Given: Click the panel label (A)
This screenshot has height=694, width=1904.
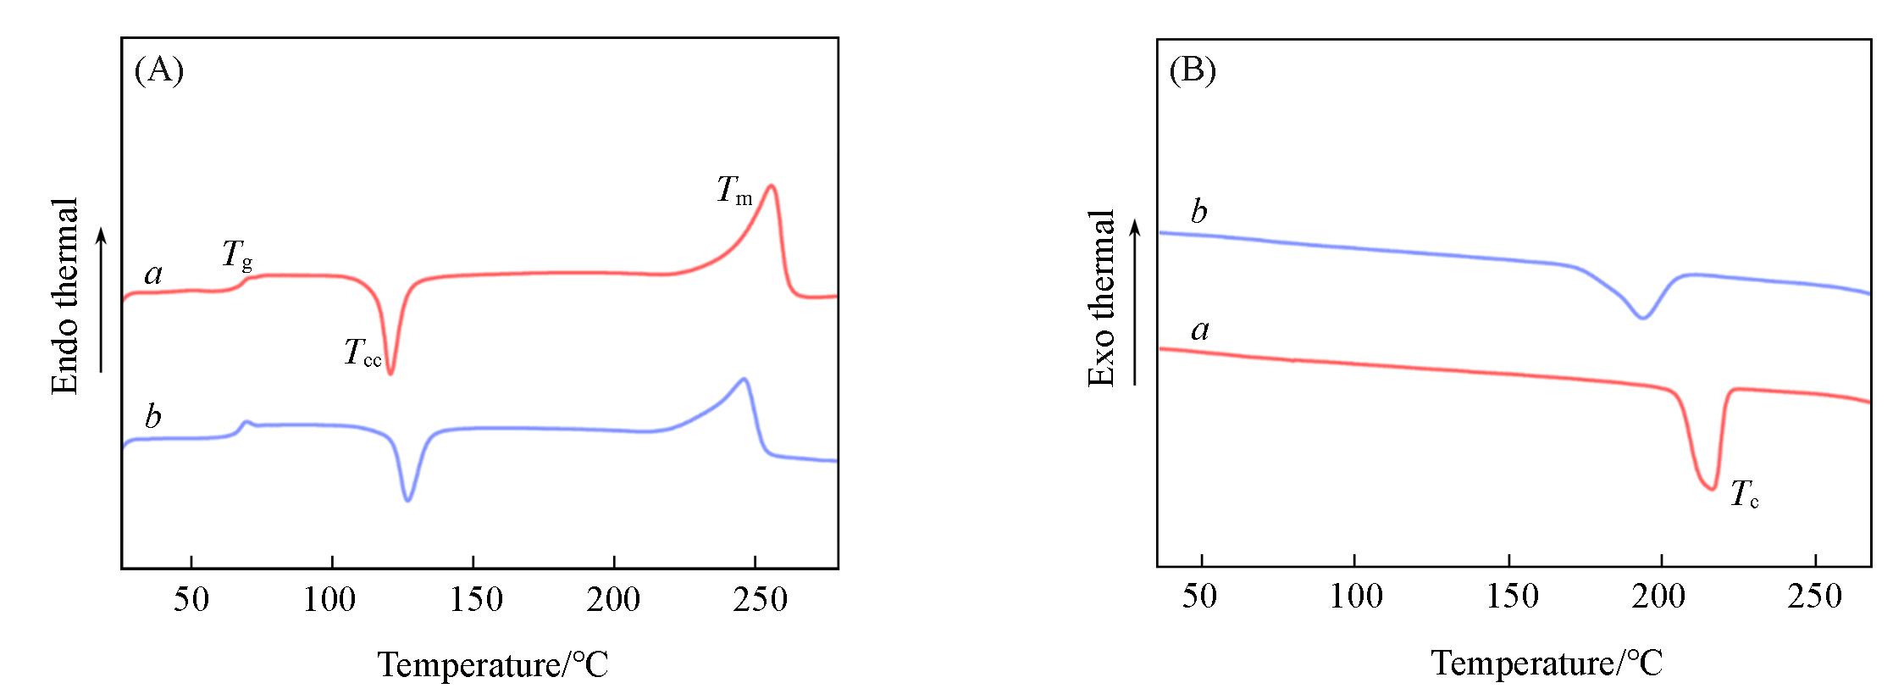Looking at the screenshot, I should point(159,71).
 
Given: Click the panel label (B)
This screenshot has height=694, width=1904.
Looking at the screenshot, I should point(1193,70).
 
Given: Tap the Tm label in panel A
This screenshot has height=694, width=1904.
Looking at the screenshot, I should point(733,190).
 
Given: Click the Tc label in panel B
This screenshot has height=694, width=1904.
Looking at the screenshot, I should point(1744,494).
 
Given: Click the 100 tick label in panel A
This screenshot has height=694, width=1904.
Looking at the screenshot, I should point(330,600).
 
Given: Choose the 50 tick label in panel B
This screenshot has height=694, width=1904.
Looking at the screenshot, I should point(1199,597).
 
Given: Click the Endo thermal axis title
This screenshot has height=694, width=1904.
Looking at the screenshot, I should point(65,296).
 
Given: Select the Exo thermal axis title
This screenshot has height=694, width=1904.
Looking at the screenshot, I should point(1101,298).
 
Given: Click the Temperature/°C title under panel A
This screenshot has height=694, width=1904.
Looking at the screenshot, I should point(493,664).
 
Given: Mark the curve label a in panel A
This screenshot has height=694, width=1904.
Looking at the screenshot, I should point(153,275).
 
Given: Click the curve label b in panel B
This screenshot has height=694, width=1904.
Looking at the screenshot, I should point(1198,212).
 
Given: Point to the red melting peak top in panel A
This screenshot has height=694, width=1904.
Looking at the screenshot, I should point(770,186).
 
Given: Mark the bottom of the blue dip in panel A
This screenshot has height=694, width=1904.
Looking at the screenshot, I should point(408,500).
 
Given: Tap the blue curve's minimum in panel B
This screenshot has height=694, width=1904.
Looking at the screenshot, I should point(1642,318).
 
